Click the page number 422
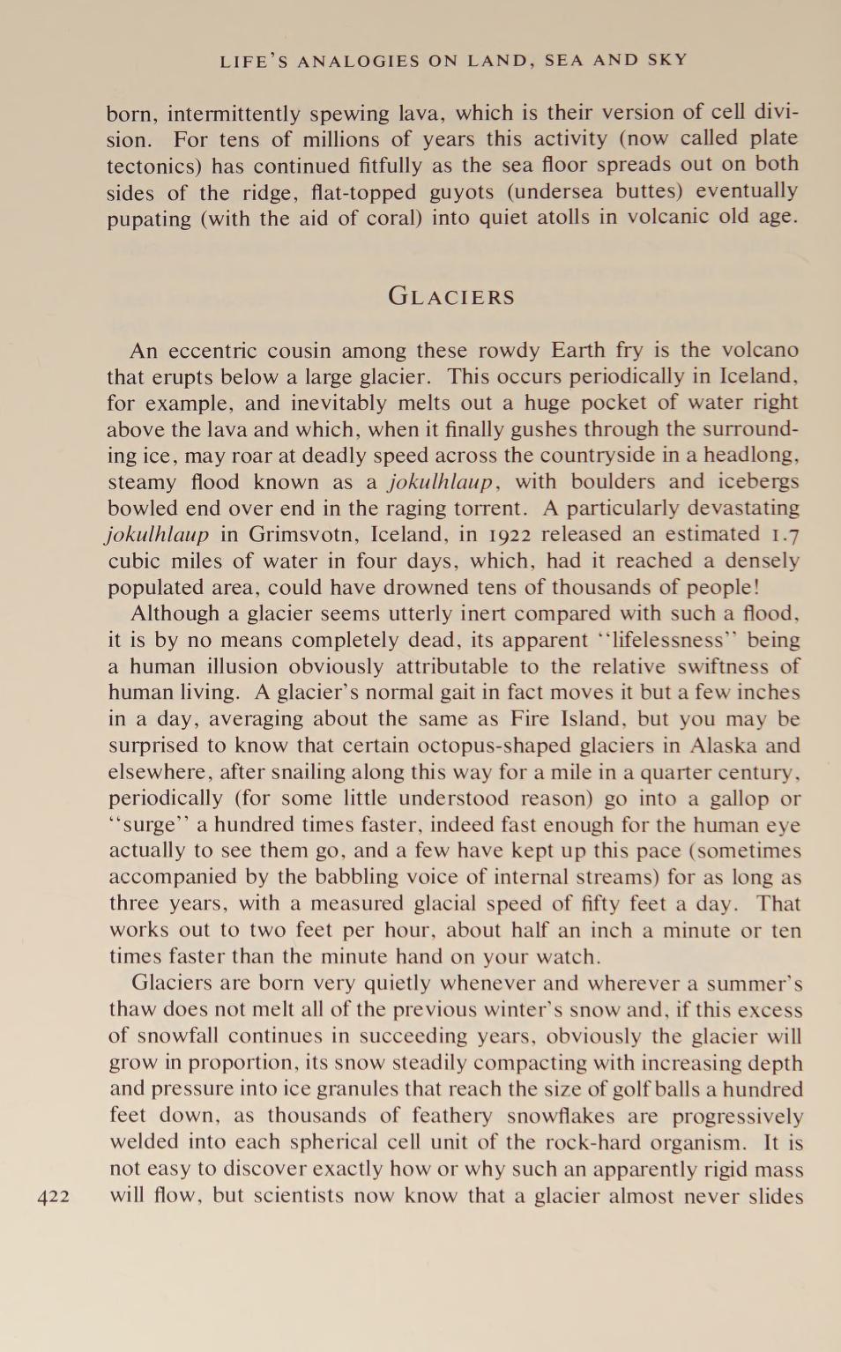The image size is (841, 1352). pos(54,1196)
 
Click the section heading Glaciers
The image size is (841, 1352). pos(451,296)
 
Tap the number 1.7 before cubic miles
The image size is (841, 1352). pos(785,534)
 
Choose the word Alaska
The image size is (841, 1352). pos(722,746)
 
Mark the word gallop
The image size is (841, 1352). pos(739,799)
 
